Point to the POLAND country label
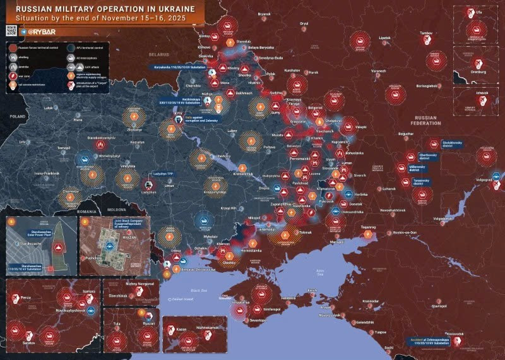tap(17, 117)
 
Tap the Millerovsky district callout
tap(410, 167)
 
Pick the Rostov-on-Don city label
tap(405, 233)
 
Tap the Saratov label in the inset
tap(28, 342)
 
